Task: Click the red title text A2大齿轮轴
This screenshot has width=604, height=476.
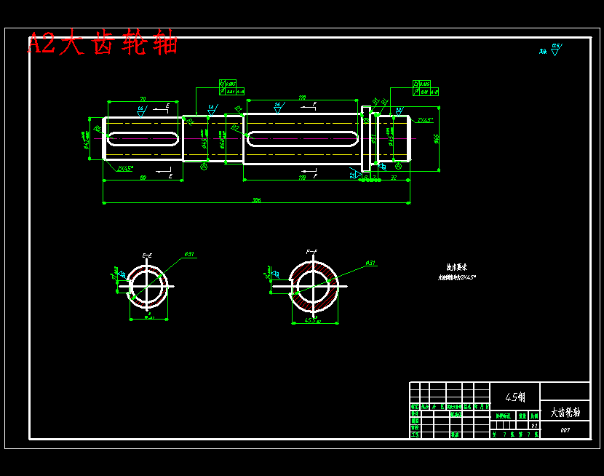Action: pos(103,44)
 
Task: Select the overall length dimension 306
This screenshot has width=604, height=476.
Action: pos(256,199)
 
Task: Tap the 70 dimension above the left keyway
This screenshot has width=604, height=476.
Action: pos(143,98)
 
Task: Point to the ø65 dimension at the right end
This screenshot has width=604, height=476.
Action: pos(437,138)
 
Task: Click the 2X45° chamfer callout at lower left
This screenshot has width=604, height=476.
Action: pos(125,168)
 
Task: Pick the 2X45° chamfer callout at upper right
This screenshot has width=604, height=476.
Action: pos(425,120)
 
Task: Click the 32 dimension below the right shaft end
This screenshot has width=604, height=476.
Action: pos(394,177)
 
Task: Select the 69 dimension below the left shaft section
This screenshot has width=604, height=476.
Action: pos(143,177)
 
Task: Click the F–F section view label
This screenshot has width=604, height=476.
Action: pos(311,252)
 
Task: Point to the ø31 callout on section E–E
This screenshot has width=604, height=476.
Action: pos(188,254)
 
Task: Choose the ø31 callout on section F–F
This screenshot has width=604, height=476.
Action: pos(370,263)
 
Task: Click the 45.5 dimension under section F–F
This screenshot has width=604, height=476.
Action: pos(313,320)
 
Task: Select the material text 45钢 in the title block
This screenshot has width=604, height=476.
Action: pos(515,397)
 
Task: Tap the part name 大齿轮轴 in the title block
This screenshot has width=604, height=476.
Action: pos(565,412)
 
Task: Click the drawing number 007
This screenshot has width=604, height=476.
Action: pos(565,430)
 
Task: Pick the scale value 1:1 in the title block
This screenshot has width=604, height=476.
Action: pos(535,425)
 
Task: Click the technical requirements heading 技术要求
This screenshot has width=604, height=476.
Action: pos(456,267)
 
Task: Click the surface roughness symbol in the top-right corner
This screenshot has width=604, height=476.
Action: pos(556,49)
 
